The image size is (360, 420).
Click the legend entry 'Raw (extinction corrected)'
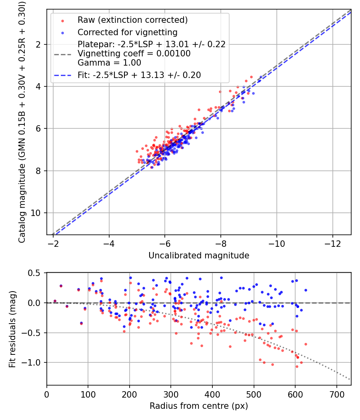click(x=132, y=20)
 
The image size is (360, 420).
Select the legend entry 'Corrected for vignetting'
click(x=128, y=32)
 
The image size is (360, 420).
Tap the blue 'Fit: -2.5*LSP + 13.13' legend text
click(x=139, y=75)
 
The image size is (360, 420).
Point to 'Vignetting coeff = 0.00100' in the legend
click(x=134, y=54)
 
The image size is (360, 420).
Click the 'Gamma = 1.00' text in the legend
click(x=109, y=63)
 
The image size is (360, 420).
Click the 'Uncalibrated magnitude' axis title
click(x=199, y=256)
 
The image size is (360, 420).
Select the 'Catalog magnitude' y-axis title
click(x=22, y=122)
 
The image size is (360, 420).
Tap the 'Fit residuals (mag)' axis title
click(x=12, y=329)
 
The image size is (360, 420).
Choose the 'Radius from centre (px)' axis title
click(x=199, y=406)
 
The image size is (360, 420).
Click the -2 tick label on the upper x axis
click(x=53, y=244)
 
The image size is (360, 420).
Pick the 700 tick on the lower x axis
click(x=336, y=394)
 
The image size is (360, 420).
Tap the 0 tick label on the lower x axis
click(x=47, y=394)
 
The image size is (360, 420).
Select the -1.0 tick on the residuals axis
click(x=35, y=362)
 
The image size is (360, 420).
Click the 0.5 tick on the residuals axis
click(x=36, y=273)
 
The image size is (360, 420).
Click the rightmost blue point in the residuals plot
click(x=306, y=290)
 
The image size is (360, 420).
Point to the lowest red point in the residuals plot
click(x=297, y=366)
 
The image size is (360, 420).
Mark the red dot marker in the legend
click(x=62, y=20)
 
